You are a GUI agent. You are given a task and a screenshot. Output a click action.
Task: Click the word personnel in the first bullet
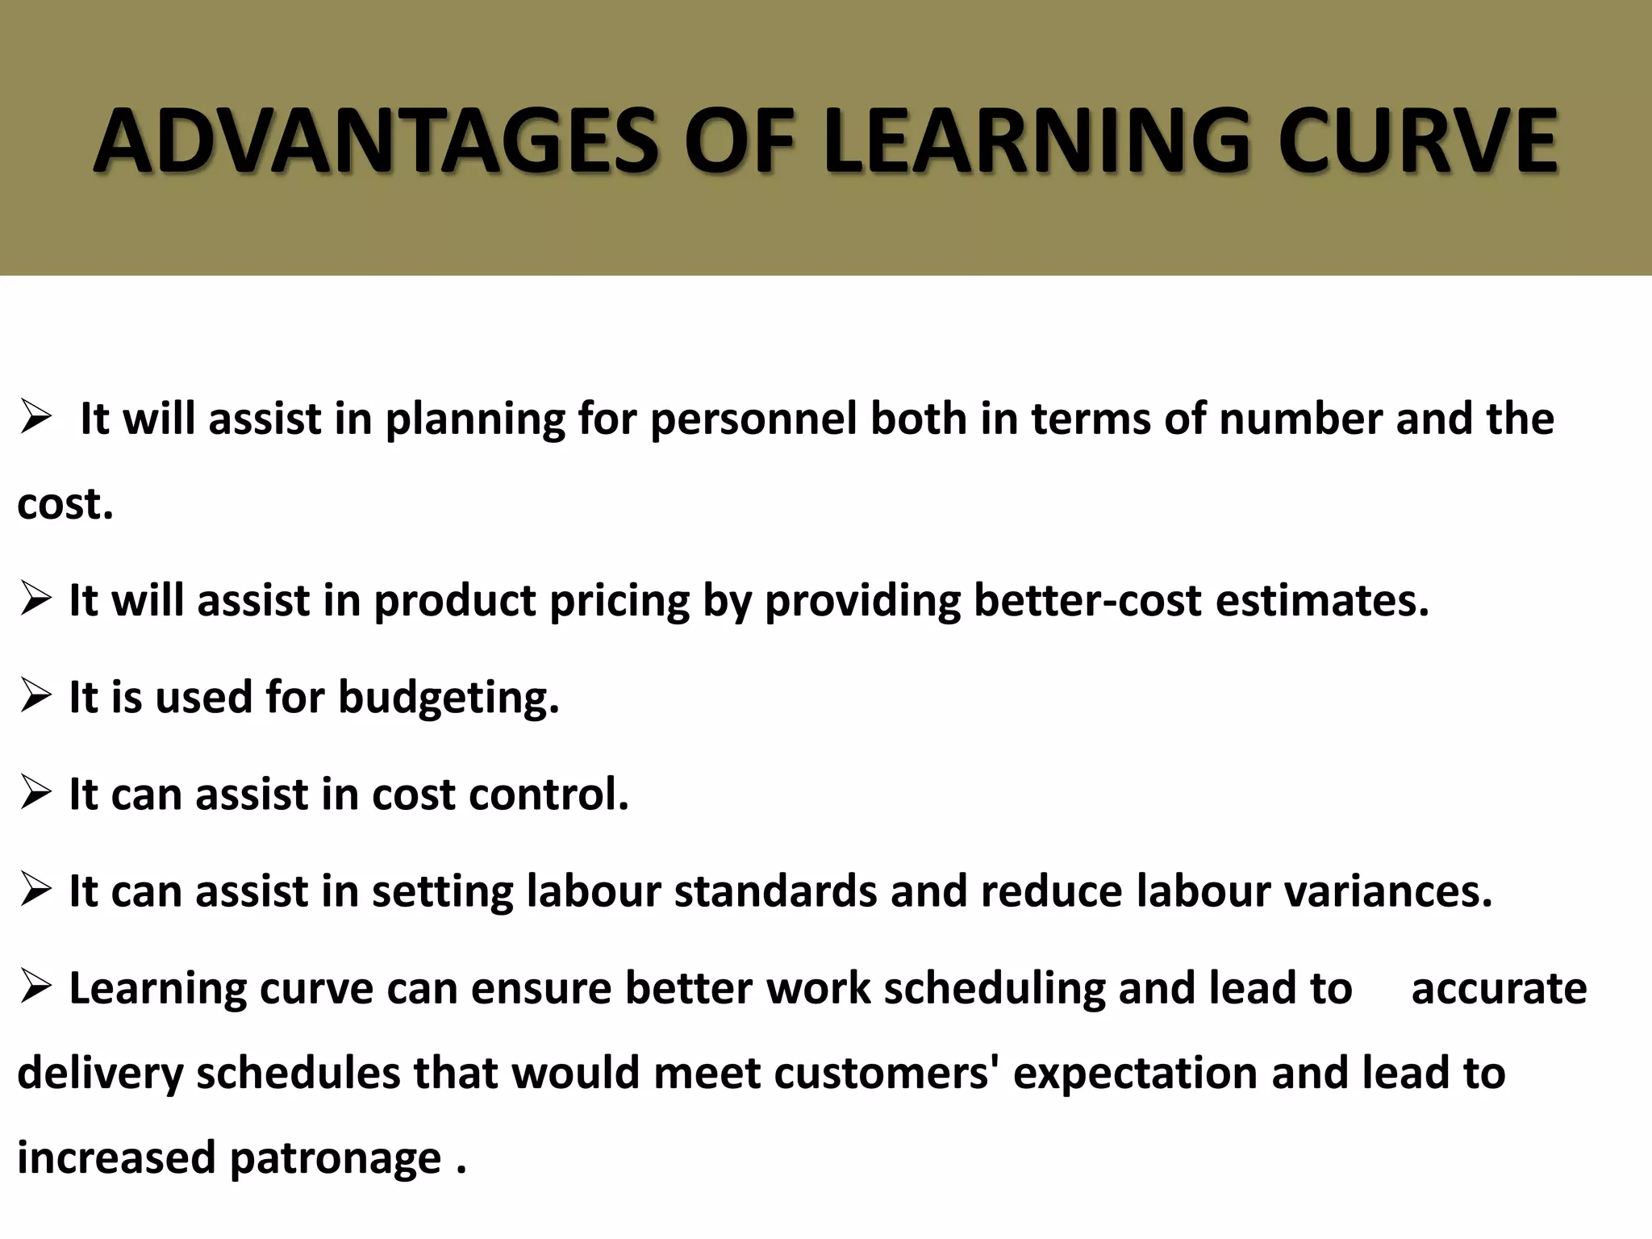pyautogui.click(x=753, y=419)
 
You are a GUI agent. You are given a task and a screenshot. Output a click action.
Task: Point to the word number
pyautogui.click(x=1300, y=419)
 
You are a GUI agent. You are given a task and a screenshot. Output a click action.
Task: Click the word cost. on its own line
pyautogui.click(x=65, y=504)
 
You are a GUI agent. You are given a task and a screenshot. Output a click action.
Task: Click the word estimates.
pyautogui.click(x=1322, y=601)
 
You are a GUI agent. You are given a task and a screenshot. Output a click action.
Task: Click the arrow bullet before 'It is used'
pyautogui.click(x=37, y=697)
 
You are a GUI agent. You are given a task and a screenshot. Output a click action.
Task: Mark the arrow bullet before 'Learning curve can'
pyautogui.click(x=37, y=988)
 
